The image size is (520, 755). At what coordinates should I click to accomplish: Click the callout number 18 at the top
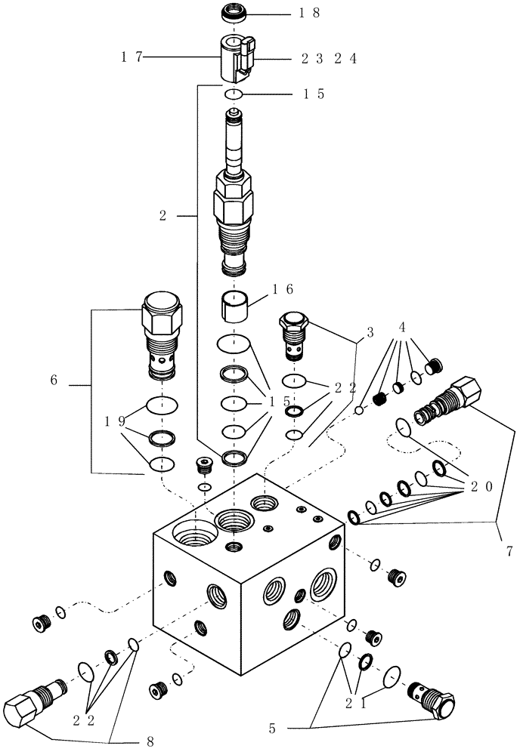(x=311, y=13)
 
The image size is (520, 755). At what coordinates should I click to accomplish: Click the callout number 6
(x=54, y=381)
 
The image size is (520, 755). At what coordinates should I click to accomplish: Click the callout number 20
(x=481, y=486)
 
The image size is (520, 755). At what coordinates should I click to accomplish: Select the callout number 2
(x=162, y=216)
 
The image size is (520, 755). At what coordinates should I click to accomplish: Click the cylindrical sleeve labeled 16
(x=236, y=307)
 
